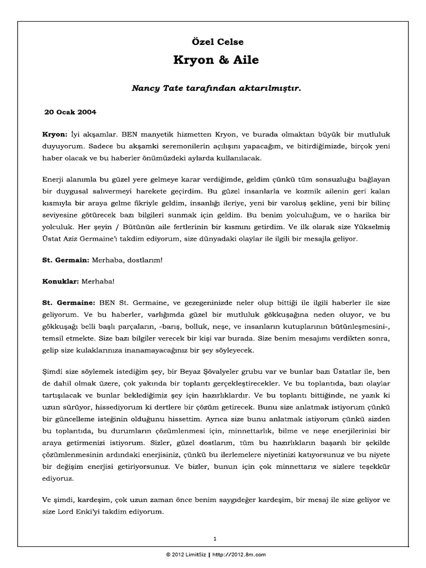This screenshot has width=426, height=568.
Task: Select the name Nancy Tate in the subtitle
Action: [154, 88]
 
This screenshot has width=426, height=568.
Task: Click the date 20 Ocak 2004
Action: [70, 112]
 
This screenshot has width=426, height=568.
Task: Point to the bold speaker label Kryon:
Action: [54, 135]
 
